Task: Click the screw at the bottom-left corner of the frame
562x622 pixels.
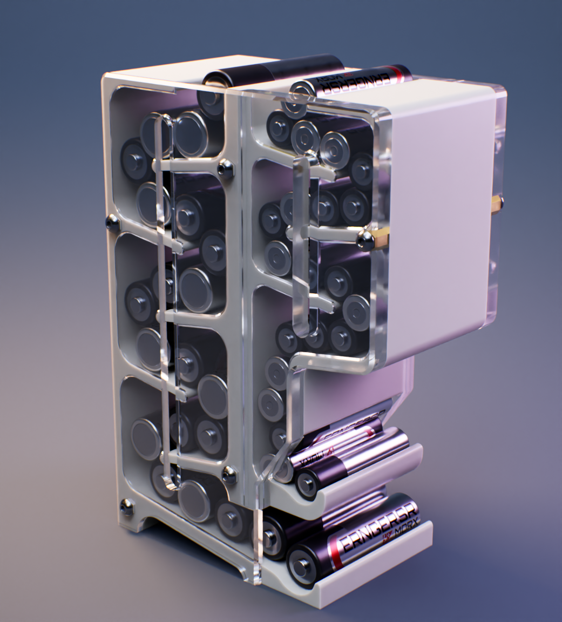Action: coord(127,506)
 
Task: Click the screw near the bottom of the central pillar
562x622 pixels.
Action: coord(229,475)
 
